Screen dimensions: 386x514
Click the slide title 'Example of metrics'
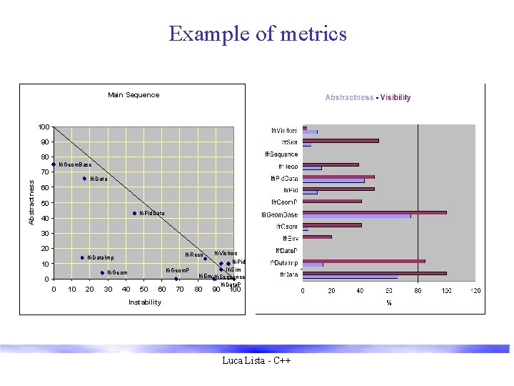coord(257,34)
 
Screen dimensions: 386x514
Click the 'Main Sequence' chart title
coord(133,95)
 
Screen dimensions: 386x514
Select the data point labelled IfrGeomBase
coord(54,164)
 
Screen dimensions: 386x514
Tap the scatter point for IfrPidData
coord(134,213)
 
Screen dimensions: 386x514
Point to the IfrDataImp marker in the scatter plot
coord(82,257)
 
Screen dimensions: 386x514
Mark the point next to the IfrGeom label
coord(102,272)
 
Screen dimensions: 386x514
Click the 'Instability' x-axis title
coord(144,302)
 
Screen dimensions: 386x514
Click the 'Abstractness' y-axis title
coord(31,202)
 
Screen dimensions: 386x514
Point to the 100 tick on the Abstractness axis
coord(44,127)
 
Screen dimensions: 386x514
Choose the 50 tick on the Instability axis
coord(144,289)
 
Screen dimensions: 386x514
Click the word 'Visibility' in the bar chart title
coord(395,98)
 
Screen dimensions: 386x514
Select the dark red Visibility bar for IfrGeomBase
coord(374,212)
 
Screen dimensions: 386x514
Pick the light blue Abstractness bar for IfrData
coord(350,277)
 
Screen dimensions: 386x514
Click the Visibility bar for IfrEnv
coord(317,237)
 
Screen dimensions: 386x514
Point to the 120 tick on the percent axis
coord(475,291)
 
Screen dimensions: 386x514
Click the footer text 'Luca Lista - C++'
coord(257,362)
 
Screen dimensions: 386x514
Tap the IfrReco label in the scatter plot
coord(194,254)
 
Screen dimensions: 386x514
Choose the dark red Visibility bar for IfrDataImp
coord(363,261)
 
